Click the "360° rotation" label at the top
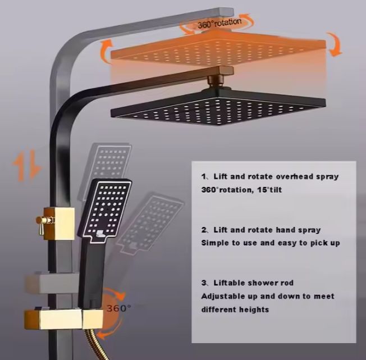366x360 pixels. [x=219, y=23]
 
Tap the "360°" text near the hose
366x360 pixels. [x=118, y=308]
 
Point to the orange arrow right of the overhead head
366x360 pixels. [x=335, y=45]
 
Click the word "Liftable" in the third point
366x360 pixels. [x=231, y=283]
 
